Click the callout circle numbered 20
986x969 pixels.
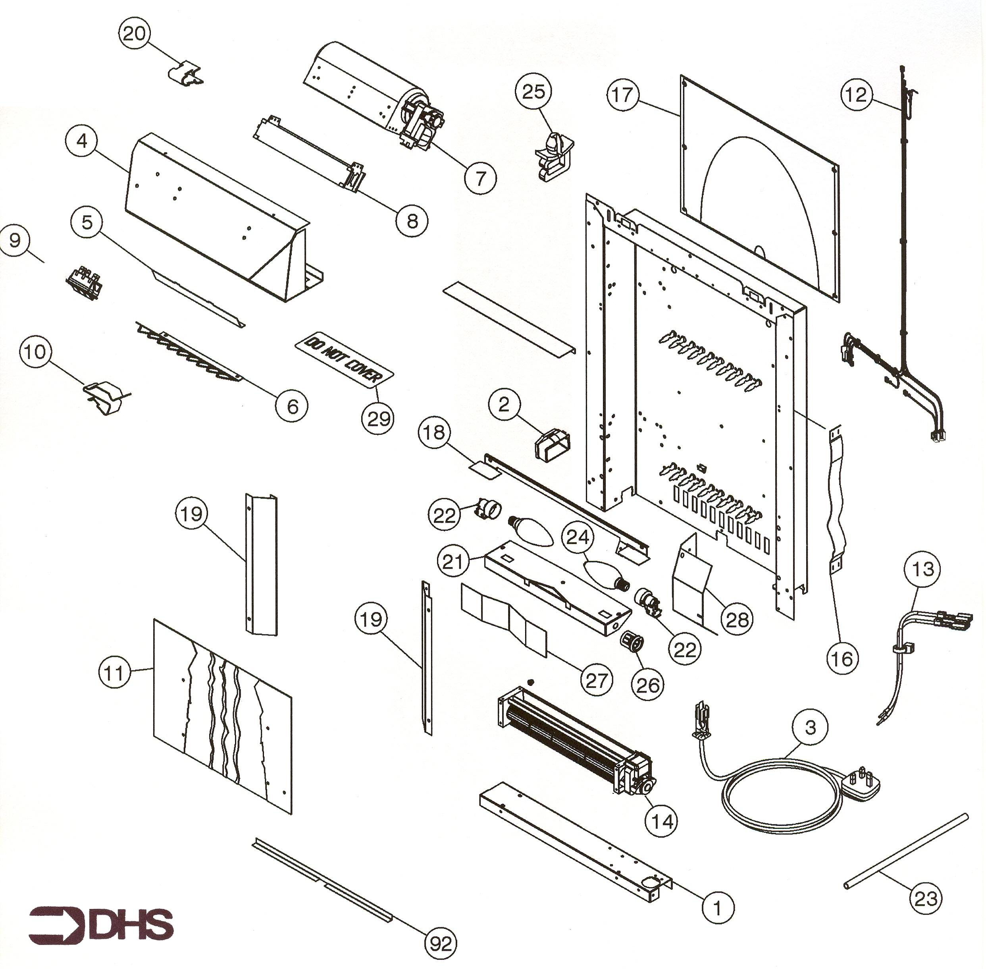pyautogui.click(x=135, y=34)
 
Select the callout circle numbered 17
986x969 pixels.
pyautogui.click(x=623, y=95)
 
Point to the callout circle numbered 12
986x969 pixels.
pyautogui.click(x=856, y=95)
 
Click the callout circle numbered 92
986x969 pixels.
pyautogui.click(x=441, y=944)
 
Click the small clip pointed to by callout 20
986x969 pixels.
pyautogui.click(x=185, y=73)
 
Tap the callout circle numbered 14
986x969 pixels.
pyautogui.click(x=662, y=820)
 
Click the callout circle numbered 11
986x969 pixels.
pyautogui.click(x=114, y=673)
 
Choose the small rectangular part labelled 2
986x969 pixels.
pyautogui.click(x=553, y=446)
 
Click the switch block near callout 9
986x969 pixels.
pyautogui.click(x=85, y=284)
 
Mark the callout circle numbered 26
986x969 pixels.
pyautogui.click(x=648, y=685)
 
